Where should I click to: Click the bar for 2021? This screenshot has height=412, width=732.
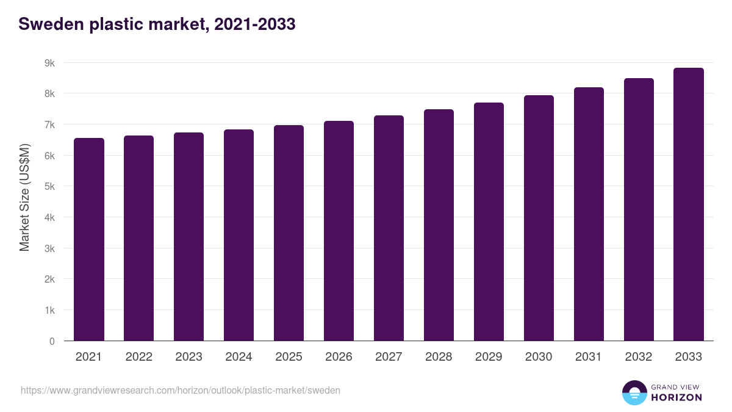(89, 239)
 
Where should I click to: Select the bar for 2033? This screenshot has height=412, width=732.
(689, 204)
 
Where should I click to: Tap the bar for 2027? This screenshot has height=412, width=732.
(389, 228)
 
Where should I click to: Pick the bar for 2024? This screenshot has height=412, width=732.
(239, 235)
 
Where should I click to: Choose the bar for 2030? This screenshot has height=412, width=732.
(539, 218)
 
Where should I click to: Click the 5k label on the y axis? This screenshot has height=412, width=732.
(49, 187)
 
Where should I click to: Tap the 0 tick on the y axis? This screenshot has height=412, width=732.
(52, 341)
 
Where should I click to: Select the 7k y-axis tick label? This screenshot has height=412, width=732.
(49, 125)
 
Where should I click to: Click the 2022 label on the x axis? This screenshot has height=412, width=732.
(138, 357)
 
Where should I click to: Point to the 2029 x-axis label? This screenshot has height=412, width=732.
(489, 357)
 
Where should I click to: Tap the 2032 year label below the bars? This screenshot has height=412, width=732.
(639, 357)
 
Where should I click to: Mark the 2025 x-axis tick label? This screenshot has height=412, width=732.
(289, 357)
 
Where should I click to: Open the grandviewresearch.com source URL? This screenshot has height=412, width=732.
(181, 390)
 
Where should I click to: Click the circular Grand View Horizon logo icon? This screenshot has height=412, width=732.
(634, 392)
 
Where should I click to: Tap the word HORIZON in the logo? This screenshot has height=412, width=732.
(676, 397)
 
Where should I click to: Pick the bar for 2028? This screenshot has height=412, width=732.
(439, 225)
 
